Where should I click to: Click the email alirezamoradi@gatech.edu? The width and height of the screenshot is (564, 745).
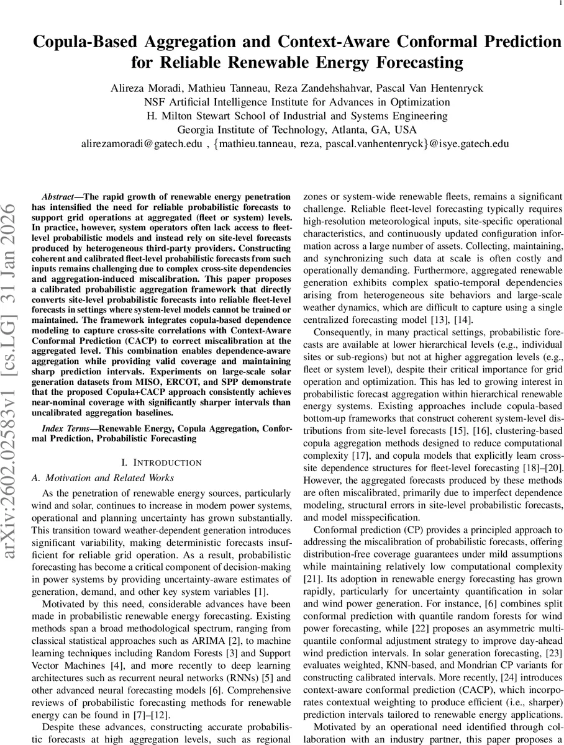[142, 143]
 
